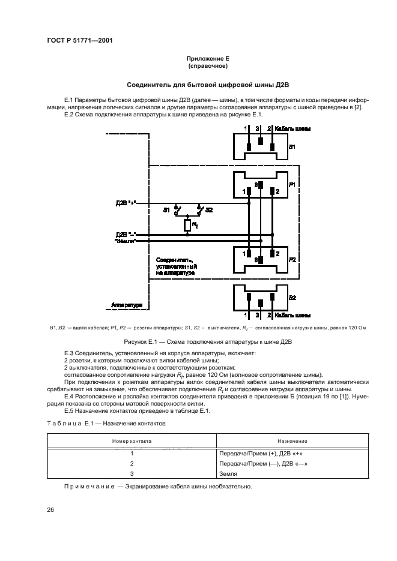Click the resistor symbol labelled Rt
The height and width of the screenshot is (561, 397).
187,225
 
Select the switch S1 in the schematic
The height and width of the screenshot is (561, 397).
175,209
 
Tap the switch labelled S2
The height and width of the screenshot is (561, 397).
199,209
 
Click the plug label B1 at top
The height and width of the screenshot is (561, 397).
292,146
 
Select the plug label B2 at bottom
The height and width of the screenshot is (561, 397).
292,298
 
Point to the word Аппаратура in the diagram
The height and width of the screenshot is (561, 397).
127,305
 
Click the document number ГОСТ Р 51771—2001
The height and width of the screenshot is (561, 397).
80,41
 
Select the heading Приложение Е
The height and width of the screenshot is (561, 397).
208,59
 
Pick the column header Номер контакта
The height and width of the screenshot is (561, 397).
131,440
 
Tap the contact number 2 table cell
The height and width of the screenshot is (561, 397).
131,463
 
